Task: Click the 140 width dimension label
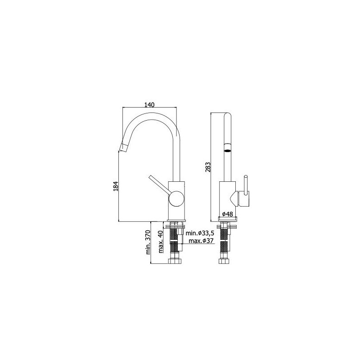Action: (149, 105)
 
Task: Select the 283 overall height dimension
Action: (208, 167)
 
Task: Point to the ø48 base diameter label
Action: (227, 214)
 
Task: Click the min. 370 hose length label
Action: (148, 242)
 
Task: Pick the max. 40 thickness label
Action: (161, 242)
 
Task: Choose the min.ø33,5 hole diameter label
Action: (200, 233)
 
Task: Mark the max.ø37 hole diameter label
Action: (201, 241)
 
